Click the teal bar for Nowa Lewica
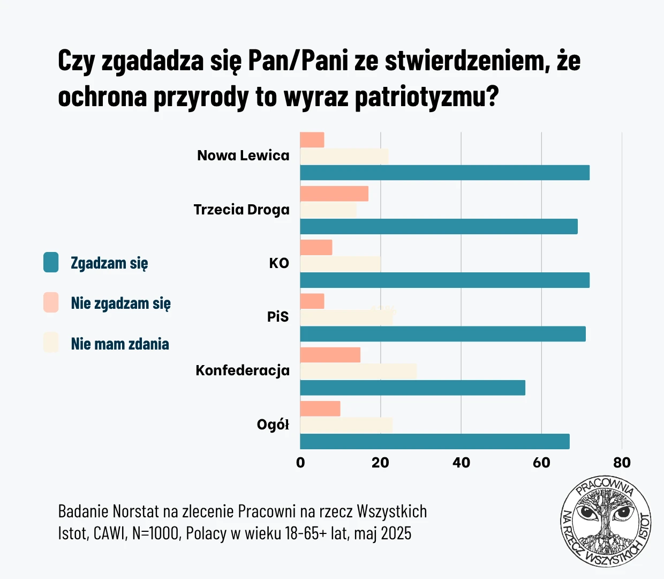coord(444,173)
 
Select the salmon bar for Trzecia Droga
coord(334,194)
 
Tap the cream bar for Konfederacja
coord(358,371)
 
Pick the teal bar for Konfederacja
coord(412,388)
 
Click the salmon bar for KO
coord(316,247)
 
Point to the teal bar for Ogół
coord(434,441)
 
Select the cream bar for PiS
coord(346,317)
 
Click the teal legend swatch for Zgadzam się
coord(51,263)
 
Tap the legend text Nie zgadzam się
coord(120,303)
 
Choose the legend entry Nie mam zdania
coord(119,344)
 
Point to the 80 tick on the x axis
coord(622,463)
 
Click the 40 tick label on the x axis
coord(461,463)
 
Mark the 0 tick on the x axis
coord(300,463)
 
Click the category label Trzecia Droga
coord(242,210)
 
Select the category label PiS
coord(278,317)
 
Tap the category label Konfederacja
coord(243,370)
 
